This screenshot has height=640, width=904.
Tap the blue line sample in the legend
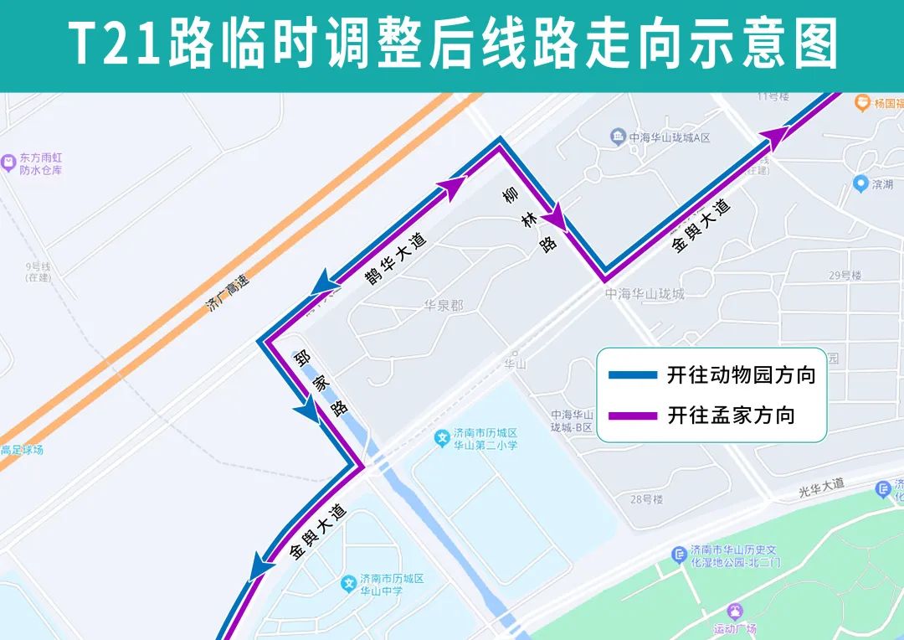pyautogui.click(x=634, y=375)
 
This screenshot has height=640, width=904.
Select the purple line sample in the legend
pyautogui.click(x=634, y=415)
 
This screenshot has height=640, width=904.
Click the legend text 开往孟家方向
pyautogui.click(x=731, y=415)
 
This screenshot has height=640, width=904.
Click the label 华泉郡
pyautogui.click(x=443, y=306)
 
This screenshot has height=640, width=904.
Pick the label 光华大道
pyautogui.click(x=821, y=485)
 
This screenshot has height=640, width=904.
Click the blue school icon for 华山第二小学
pyautogui.click(x=443, y=437)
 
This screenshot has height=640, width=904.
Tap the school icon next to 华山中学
pyautogui.click(x=349, y=582)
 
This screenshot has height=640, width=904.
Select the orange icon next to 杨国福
pyautogui.click(x=861, y=103)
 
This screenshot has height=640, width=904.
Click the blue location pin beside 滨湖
pyautogui.click(x=860, y=183)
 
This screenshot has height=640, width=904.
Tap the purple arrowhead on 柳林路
pyautogui.click(x=555, y=219)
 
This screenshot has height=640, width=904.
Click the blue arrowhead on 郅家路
pyautogui.click(x=307, y=411)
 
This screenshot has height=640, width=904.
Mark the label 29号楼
pyautogui.click(x=845, y=275)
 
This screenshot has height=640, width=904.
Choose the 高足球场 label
pyautogui.click(x=22, y=450)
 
